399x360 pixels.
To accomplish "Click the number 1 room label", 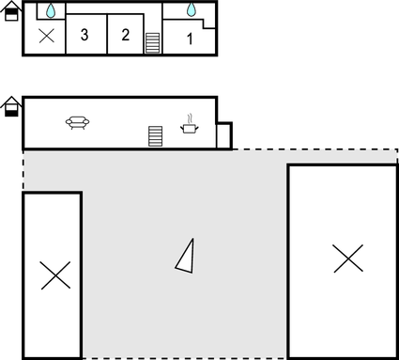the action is click(190, 39).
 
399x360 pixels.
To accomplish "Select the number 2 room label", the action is click(125, 36).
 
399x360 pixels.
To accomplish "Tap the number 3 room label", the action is click(84, 36).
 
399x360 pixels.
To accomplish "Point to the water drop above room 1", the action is click(192, 9).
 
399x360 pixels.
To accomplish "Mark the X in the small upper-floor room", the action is click(46, 37).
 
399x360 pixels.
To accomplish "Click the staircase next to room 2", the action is click(153, 43).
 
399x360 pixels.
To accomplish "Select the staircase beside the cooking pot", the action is click(156, 135).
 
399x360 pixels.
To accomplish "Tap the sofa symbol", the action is click(77, 121).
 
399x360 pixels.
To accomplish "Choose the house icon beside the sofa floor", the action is click(11, 106).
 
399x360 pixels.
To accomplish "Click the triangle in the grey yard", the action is click(186, 255).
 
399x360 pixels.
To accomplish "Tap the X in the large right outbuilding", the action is click(347, 258).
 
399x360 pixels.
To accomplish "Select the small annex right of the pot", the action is click(223, 135).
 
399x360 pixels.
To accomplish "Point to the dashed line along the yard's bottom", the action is click(188, 358).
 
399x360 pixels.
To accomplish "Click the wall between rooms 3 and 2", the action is click(106, 35).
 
